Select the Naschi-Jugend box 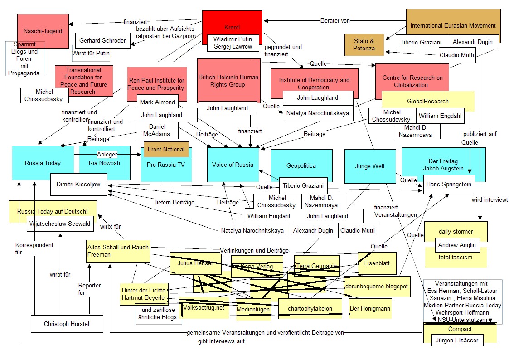click(x=43, y=31)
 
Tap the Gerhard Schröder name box click(x=102, y=40)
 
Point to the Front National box click(x=166, y=149)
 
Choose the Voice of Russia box click(x=233, y=165)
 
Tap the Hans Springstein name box click(x=449, y=185)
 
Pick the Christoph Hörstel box click(x=67, y=324)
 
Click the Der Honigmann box click(x=370, y=308)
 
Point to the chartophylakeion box click(x=310, y=308)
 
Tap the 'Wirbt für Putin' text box click(x=91, y=53)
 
